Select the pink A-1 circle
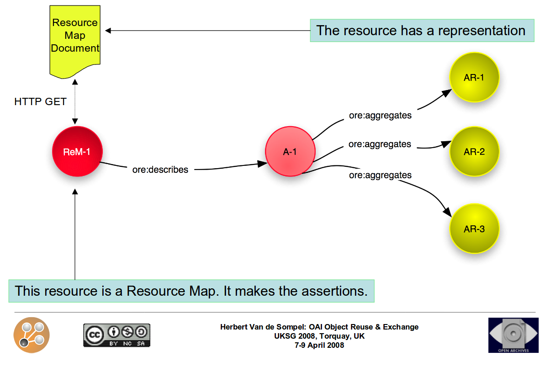click(x=290, y=151)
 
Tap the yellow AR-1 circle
click(x=474, y=77)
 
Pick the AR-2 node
click(x=474, y=151)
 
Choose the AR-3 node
click(x=474, y=229)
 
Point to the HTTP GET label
click(x=40, y=101)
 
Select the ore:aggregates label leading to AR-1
click(x=380, y=116)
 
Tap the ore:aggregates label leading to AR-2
click(x=380, y=144)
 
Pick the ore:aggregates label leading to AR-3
click(x=380, y=175)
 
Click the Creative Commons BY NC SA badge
click(x=117, y=335)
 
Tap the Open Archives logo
click(x=514, y=335)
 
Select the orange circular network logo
click(x=32, y=335)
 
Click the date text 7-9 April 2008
click(x=319, y=346)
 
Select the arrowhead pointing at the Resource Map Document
click(x=108, y=31)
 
